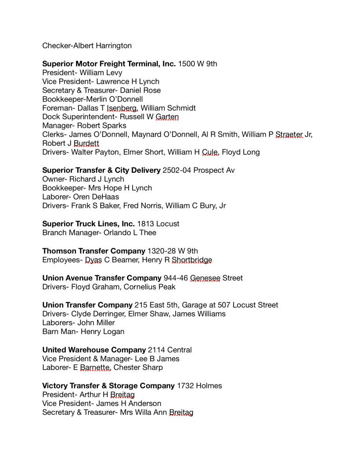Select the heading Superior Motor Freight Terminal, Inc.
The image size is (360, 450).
tap(109, 64)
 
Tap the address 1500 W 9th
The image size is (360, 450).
tap(198, 64)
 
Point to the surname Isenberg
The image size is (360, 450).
tap(122, 108)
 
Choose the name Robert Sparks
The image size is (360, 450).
tap(101, 126)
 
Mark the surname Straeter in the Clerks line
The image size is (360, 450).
tap(289, 134)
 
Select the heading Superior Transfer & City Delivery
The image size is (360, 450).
tap(101, 170)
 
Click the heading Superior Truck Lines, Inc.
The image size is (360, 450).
tap(88, 224)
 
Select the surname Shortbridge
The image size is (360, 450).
tap(192, 260)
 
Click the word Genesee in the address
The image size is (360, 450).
tap(205, 278)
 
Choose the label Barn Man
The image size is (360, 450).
tap(58, 331)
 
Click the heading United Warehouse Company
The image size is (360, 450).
tap(94, 350)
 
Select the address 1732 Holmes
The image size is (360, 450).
tap(199, 385)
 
